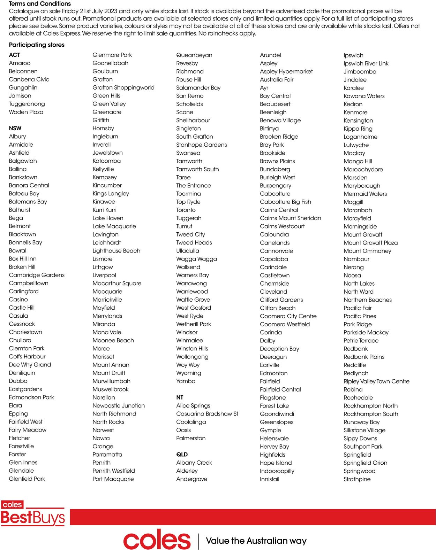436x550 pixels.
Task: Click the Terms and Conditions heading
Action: point(40,4)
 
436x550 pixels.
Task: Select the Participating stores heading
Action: point(37,45)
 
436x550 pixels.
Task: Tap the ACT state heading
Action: point(15,55)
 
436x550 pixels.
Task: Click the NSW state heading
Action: point(15,128)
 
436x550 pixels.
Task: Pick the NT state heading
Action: point(180,397)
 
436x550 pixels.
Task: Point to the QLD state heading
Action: point(182,455)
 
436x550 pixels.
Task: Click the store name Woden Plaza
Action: point(26,112)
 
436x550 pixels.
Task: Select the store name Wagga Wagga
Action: point(196,259)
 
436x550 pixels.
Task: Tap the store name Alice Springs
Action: point(193,405)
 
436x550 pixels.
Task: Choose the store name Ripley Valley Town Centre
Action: point(376,381)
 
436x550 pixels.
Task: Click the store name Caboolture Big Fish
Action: point(285,202)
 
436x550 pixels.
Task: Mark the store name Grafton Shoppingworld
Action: point(123,87)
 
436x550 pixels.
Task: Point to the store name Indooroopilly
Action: point(277,471)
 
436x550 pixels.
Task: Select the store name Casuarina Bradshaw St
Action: point(207,414)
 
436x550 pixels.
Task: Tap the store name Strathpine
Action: point(357,479)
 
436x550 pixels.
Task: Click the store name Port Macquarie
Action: point(113,479)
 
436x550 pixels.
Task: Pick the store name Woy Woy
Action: point(188,365)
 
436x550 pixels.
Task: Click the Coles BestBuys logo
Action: point(33,513)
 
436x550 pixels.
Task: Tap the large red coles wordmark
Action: point(157,540)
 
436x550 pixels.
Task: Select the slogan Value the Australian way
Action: point(256,541)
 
